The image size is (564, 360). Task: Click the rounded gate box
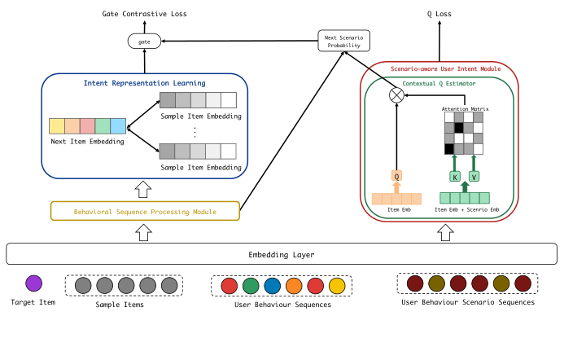pyautogui.click(x=144, y=40)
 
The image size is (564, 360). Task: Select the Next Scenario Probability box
pyautogui.click(x=343, y=41)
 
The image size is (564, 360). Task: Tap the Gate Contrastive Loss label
pyautogui.click(x=144, y=14)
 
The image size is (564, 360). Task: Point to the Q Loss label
pyautogui.click(x=440, y=14)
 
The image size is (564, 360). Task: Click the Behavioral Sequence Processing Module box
pyautogui.click(x=145, y=211)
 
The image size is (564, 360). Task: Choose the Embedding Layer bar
pyautogui.click(x=281, y=254)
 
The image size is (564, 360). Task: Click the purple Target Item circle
pyautogui.click(x=33, y=283)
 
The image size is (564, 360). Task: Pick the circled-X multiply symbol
pyautogui.click(x=396, y=95)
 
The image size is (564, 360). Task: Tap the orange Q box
pyautogui.click(x=396, y=175)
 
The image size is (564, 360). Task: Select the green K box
pyautogui.click(x=455, y=176)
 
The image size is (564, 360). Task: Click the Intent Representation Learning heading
pyautogui.click(x=144, y=83)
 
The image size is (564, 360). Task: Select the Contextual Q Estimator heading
pyautogui.click(x=439, y=85)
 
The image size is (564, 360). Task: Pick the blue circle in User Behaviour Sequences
pyautogui.click(x=273, y=286)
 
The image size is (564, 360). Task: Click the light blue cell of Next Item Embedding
pyautogui.click(x=118, y=126)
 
